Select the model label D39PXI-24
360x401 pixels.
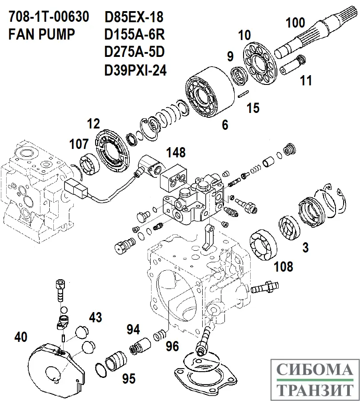pos(135,70)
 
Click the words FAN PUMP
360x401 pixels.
pos(42,35)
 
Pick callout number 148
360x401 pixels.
pos(176,152)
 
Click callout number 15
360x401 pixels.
pos(252,108)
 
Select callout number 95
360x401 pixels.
pos(128,379)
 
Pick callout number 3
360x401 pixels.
pos(305,247)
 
